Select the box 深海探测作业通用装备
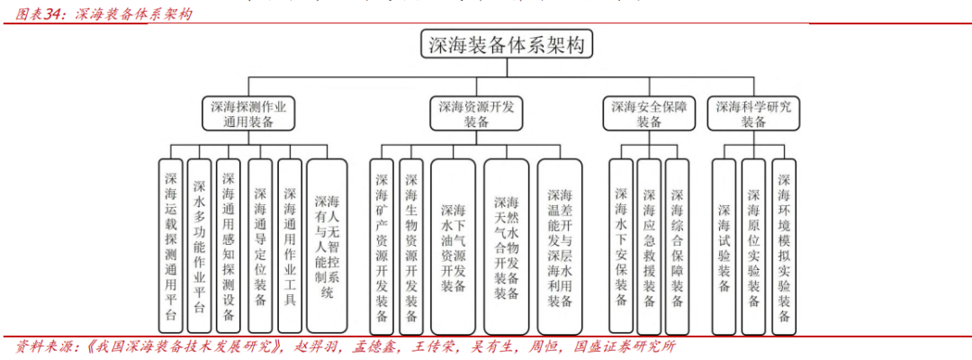tap(247, 113)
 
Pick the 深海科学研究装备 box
tap(754, 113)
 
